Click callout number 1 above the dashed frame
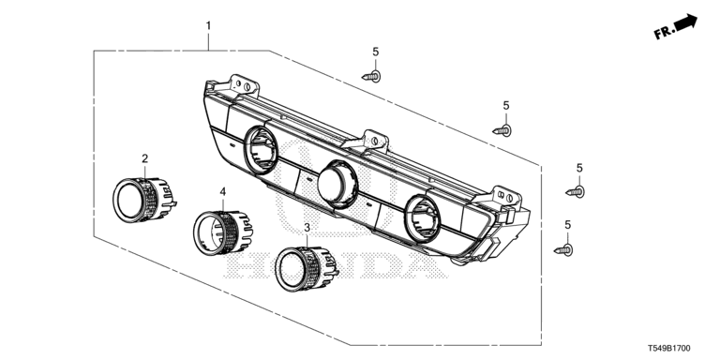(208, 25)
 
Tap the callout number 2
(145, 158)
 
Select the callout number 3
(307, 227)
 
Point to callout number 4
(223, 192)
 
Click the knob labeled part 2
(144, 200)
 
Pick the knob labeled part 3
(307, 269)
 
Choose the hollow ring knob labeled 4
(223, 232)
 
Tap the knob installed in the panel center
(337, 184)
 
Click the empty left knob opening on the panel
(261, 150)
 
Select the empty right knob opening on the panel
(423, 218)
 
